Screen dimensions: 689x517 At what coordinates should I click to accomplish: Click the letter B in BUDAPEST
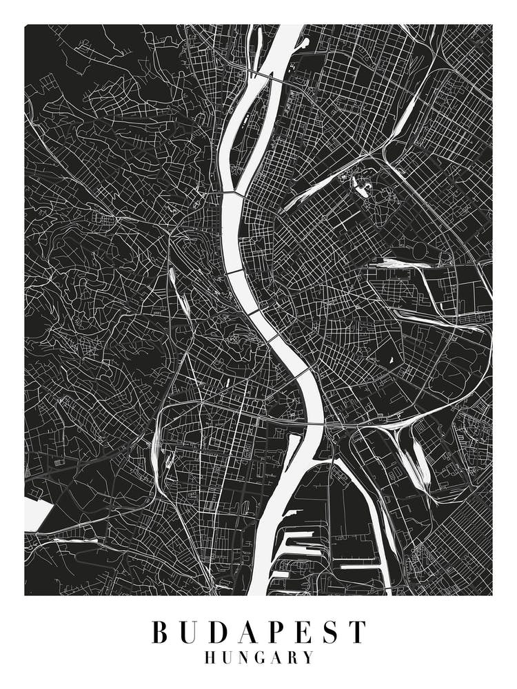click(x=160, y=632)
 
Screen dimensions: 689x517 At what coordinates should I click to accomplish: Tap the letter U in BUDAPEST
click(x=189, y=632)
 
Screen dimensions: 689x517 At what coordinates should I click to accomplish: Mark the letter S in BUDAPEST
click(x=329, y=632)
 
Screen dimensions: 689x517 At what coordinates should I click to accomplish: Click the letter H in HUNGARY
click(x=211, y=658)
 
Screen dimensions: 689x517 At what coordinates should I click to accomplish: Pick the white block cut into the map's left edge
click(x=37, y=514)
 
